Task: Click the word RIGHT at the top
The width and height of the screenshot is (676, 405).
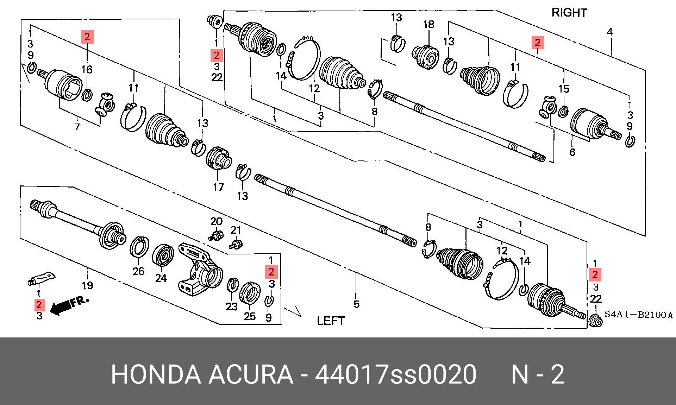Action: click(x=569, y=13)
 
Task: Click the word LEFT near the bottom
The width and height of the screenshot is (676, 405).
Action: click(x=331, y=321)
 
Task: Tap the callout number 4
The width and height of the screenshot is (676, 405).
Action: click(x=610, y=32)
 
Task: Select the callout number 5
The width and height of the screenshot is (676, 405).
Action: click(x=356, y=304)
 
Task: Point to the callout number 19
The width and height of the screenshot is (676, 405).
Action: click(x=87, y=285)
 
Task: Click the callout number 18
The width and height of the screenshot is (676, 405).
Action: click(x=429, y=25)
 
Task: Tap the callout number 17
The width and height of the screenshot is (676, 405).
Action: click(x=218, y=187)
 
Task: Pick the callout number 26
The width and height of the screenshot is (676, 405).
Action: click(x=138, y=271)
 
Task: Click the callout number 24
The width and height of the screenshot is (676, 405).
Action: click(x=161, y=278)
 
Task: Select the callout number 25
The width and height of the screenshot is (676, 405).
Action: click(x=250, y=316)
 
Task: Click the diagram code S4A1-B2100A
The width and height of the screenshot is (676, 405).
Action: click(x=638, y=315)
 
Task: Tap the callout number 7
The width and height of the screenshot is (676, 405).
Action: click(x=77, y=127)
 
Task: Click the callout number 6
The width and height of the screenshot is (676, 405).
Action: click(x=572, y=152)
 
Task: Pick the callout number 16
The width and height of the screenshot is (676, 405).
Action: click(x=87, y=70)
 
